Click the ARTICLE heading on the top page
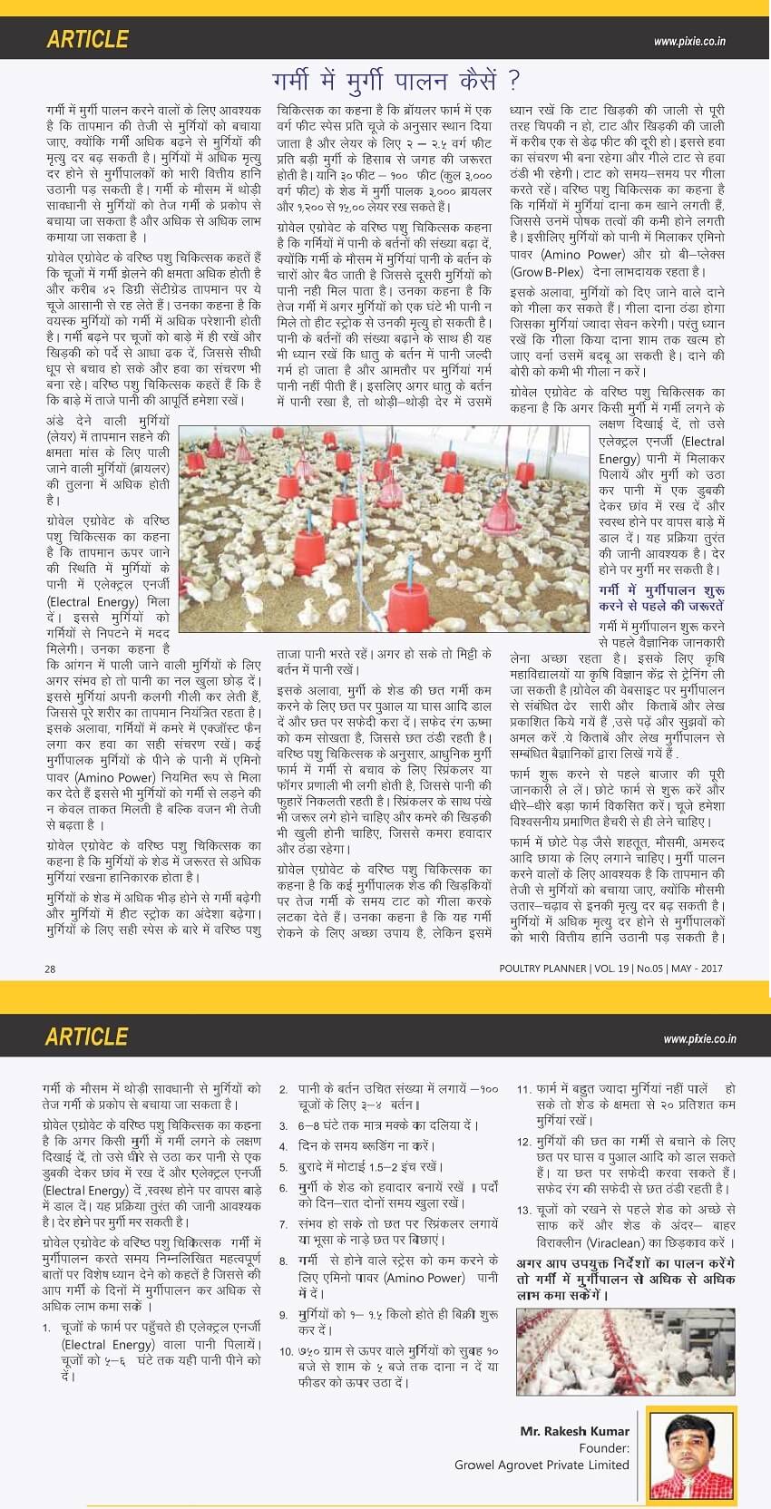87,40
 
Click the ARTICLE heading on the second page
87,1037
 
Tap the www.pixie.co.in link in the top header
688,42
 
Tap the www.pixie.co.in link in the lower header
699,1039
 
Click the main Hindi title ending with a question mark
396,81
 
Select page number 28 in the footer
50,969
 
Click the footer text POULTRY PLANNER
542,969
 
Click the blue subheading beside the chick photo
660,598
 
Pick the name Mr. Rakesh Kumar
574,1431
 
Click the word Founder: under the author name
604,1448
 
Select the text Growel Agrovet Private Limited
542,1465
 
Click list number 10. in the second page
287,1351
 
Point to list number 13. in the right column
523,1211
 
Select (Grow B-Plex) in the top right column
547,271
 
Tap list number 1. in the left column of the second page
46,1329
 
